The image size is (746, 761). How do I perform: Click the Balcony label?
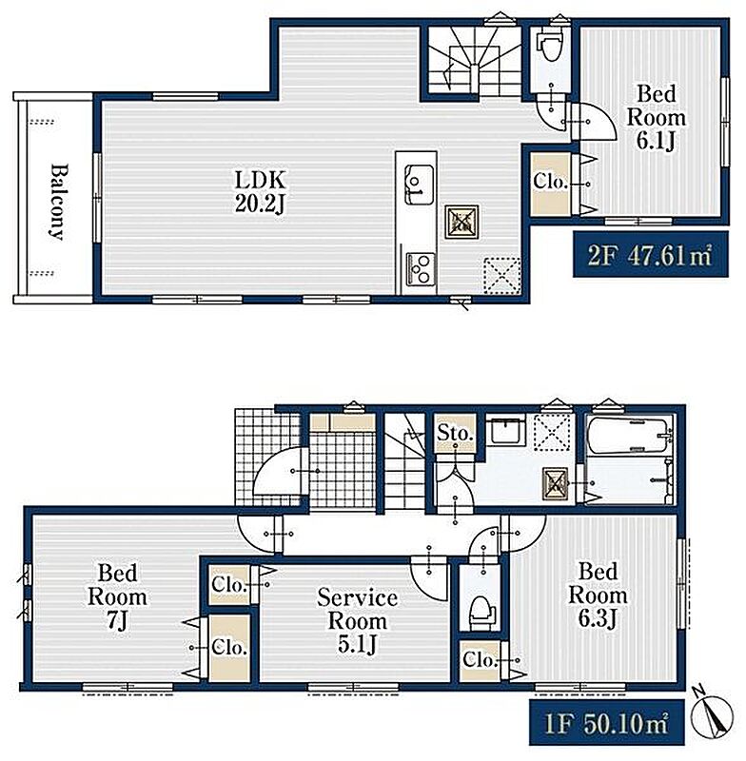57,202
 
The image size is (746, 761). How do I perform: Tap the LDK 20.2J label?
260,192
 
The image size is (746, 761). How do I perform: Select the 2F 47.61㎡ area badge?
651,254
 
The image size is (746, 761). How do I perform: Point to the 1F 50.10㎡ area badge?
606,722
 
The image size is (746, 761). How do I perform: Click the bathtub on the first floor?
630,437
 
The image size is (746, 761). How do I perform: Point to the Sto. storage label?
455,433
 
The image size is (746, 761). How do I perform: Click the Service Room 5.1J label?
357,622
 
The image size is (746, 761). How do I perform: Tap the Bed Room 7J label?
117,596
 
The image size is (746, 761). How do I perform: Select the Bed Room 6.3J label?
598,595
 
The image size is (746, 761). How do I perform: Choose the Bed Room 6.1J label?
656,117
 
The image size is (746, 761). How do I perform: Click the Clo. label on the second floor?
550,182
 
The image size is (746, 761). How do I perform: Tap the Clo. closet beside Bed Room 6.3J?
480,659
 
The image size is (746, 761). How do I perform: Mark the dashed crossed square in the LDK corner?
501,276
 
